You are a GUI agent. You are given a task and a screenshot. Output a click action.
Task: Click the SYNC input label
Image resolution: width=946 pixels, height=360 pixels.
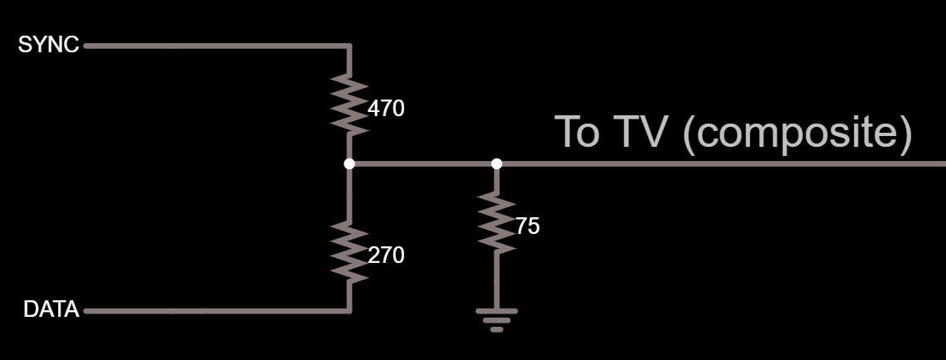[48, 46]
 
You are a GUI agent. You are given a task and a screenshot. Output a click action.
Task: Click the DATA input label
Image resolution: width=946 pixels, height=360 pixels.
[51, 310]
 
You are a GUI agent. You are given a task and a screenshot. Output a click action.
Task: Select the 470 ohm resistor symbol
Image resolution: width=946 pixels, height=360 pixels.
[349, 104]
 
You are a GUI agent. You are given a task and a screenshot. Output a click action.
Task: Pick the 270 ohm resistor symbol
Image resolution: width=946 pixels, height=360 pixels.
[349, 252]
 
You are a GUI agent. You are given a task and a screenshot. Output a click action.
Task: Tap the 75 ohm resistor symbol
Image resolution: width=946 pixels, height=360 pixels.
[496, 222]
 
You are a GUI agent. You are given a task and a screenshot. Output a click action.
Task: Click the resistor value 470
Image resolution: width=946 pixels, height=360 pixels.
[386, 108]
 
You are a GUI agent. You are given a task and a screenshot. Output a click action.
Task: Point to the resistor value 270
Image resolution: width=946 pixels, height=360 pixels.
[386, 255]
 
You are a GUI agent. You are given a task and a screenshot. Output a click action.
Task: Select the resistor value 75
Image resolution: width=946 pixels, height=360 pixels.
[527, 226]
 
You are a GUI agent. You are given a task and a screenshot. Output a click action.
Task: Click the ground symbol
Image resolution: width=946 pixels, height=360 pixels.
[496, 319]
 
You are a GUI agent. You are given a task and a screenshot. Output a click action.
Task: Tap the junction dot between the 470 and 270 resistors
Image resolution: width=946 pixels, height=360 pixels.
[349, 163]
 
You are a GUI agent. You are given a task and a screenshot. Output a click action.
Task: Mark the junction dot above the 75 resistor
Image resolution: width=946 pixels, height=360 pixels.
[496, 163]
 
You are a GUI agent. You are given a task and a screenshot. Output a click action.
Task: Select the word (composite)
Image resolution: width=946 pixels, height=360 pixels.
[797, 133]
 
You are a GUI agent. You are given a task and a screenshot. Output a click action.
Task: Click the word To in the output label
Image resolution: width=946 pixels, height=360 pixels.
[577, 132]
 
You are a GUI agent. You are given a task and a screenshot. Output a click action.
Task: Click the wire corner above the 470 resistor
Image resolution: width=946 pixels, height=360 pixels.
[349, 46]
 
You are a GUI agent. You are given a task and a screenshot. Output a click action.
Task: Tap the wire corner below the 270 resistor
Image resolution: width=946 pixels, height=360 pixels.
[349, 312]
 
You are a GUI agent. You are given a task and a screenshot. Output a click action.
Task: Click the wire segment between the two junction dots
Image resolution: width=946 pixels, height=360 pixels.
[423, 163]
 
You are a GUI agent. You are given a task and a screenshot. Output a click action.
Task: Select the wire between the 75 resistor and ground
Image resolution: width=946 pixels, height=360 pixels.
[496, 282]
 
